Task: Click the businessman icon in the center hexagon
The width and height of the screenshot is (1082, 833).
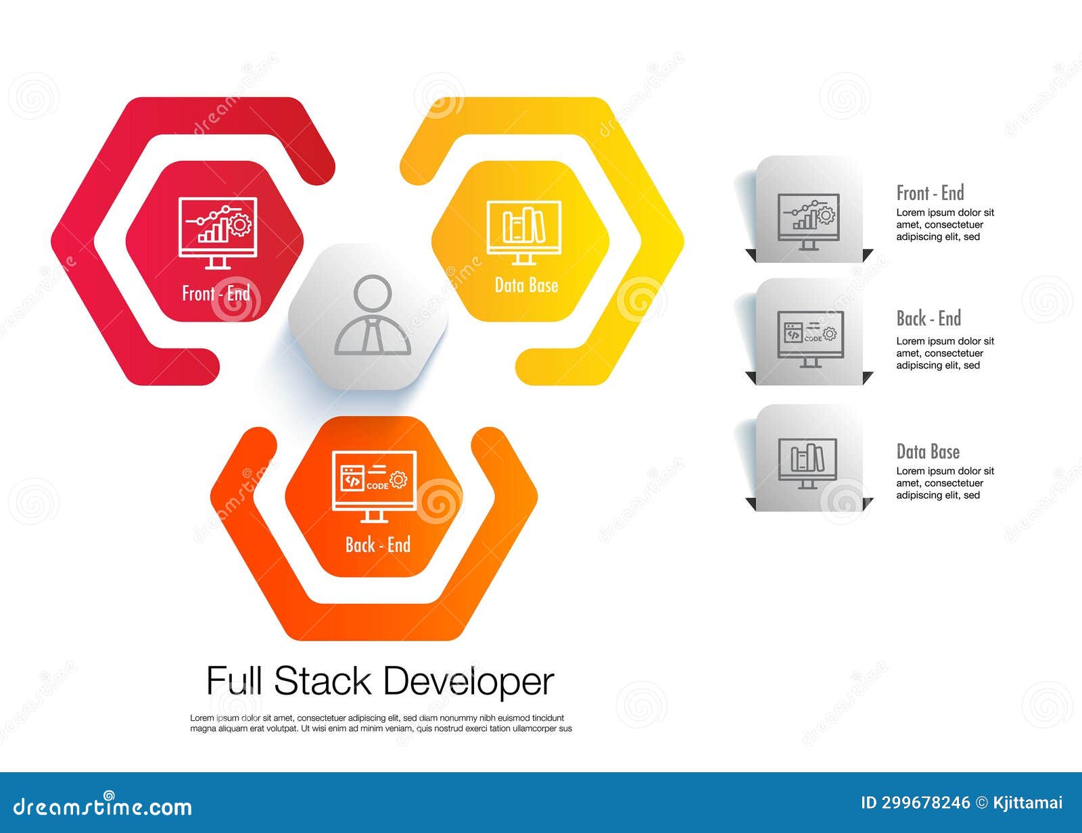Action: tap(373, 315)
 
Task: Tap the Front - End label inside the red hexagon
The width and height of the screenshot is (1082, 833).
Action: tap(216, 293)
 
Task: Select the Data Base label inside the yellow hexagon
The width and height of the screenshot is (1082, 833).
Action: tap(526, 285)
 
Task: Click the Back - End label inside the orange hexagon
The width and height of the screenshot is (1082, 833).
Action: tap(377, 545)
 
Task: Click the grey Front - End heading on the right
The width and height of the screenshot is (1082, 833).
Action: tap(930, 193)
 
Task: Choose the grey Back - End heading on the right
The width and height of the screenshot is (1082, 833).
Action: tap(928, 318)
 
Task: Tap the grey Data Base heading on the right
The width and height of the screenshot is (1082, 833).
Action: tap(928, 452)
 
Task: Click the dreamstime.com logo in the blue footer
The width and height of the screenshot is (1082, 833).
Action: tap(103, 805)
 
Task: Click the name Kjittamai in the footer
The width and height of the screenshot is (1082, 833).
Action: tap(1027, 803)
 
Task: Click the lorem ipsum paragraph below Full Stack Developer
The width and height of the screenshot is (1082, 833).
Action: tap(381, 724)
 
